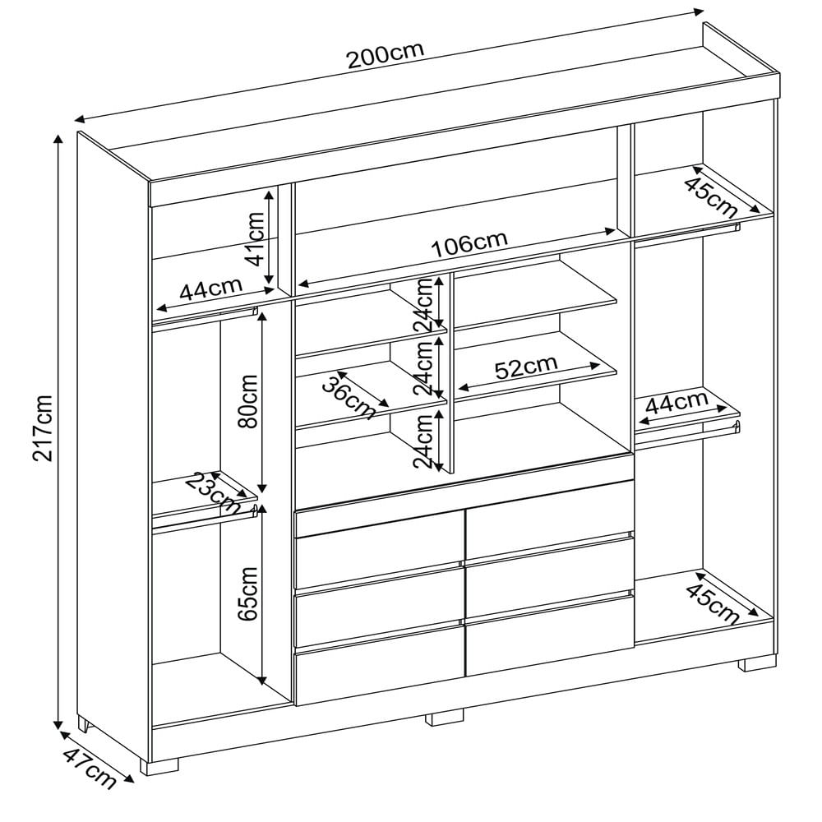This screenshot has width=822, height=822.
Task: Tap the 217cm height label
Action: point(43,427)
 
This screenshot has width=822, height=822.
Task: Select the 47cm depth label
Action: point(89,768)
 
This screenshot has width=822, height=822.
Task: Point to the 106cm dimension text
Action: point(469,244)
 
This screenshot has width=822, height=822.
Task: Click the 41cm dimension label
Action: point(256,239)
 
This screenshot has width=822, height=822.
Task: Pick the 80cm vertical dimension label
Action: point(247,401)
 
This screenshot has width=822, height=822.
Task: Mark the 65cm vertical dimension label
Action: point(247,594)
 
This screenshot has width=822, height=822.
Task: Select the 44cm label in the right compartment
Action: point(677,404)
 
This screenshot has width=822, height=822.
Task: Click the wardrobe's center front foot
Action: point(445,718)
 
